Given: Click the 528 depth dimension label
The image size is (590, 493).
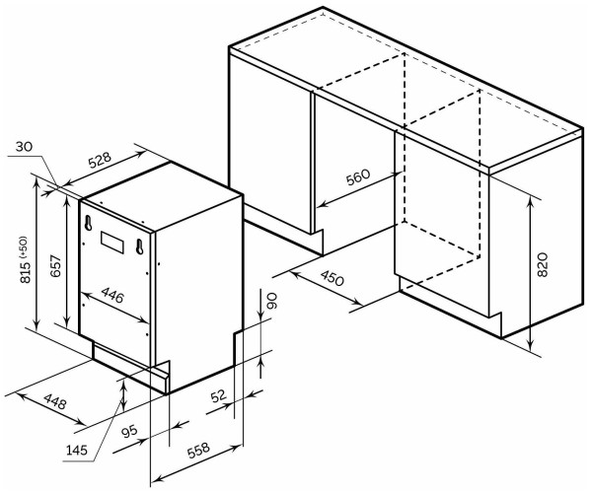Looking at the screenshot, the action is [100, 159].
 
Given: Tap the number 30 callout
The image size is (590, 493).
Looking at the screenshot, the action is [25, 147].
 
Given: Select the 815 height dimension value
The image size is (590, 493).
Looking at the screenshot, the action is [26, 271].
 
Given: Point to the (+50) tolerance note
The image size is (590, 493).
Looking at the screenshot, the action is [24, 246].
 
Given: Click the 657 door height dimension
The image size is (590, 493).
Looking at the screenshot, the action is [55, 265].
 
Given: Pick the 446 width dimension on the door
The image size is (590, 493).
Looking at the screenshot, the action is [112, 295].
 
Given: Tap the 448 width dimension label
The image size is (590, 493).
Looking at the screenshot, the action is [55, 401].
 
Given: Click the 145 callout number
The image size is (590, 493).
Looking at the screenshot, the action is [77, 450].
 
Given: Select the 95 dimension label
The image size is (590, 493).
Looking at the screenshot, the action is [130, 432].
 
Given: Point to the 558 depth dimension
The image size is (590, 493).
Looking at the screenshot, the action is [198, 451].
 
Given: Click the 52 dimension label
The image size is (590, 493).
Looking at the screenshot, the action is [218, 396].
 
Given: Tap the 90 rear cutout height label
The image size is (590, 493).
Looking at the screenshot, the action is [271, 301].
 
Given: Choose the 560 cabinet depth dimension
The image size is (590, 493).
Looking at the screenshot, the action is [358, 177].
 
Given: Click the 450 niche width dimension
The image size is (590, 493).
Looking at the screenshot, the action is [332, 278].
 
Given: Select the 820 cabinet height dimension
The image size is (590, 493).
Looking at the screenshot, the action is [542, 265].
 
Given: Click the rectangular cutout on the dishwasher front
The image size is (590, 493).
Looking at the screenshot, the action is [111, 242].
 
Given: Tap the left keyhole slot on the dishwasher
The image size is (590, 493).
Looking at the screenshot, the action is [88, 223].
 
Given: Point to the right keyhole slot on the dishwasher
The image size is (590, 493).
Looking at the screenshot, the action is [139, 246].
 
